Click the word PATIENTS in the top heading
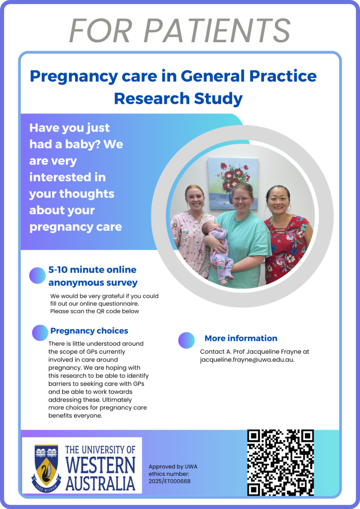coord(217,30)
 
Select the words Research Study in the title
coord(178,98)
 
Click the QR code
coord(280,462)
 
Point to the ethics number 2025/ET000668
coord(170,481)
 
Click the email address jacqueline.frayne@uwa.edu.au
coord(247,360)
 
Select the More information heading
coord(241,338)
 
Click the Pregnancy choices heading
coord(90,331)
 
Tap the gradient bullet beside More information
coord(186,340)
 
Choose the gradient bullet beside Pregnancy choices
coord(40,333)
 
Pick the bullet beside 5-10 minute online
coord(37,275)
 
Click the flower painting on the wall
coord(233,184)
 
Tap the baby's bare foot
coord(224,281)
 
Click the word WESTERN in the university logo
coord(100,465)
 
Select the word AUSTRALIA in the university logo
coord(100,483)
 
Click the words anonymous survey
coord(93,283)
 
